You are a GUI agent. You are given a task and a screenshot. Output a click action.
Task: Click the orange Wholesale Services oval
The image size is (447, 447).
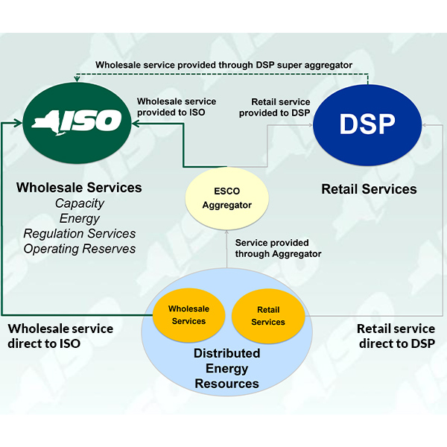point(188,315)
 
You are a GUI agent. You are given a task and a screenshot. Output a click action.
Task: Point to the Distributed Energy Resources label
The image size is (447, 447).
point(227,368)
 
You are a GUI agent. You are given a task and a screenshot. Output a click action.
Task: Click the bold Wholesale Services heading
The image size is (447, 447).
point(79,188)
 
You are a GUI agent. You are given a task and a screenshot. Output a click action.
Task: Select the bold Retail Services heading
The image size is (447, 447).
point(369,189)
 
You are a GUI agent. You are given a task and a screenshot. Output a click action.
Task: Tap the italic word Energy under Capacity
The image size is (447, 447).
point(79,218)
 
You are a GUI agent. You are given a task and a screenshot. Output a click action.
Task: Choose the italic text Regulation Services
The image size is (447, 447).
point(80,234)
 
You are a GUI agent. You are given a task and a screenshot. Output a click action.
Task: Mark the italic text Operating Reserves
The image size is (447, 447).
point(80,249)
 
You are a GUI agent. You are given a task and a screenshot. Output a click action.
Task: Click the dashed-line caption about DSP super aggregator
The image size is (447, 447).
point(223,65)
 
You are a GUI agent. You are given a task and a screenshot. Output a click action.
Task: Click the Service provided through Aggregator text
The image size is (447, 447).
point(278,249)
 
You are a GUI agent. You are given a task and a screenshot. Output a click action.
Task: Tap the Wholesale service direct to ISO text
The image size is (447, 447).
point(60,336)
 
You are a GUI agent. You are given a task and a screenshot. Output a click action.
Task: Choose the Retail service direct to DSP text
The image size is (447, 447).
point(395,336)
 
